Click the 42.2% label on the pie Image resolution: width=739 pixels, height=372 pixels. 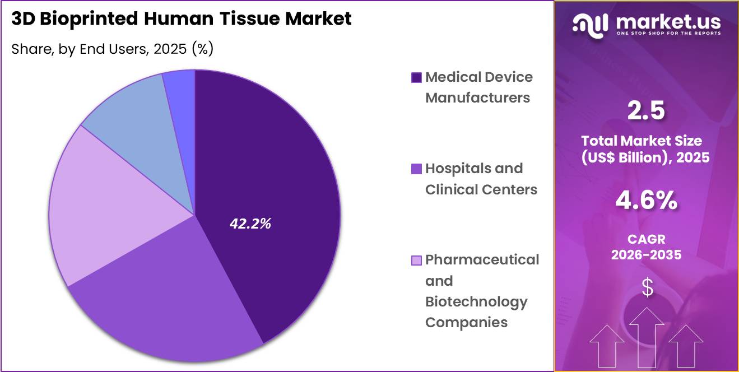click(x=250, y=224)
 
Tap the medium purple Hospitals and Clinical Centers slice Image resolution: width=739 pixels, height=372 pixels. click(x=168, y=303)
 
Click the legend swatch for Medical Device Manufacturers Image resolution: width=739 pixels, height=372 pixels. click(x=416, y=78)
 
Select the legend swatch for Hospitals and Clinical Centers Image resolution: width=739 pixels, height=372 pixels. click(x=416, y=169)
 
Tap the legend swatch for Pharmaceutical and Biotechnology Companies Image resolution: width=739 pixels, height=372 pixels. click(x=416, y=261)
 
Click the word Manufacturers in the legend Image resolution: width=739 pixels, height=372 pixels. click(x=477, y=97)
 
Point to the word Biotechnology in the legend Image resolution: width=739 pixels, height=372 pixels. click(x=476, y=301)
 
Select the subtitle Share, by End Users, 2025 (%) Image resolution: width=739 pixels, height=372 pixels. click(x=112, y=49)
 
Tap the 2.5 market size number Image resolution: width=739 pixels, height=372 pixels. click(x=646, y=111)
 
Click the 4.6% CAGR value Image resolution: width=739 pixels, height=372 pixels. click(x=646, y=201)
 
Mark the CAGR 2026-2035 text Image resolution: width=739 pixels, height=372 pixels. click(x=646, y=247)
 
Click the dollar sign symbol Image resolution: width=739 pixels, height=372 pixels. click(x=647, y=288)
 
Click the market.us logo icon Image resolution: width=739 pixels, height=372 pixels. click(x=592, y=24)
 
